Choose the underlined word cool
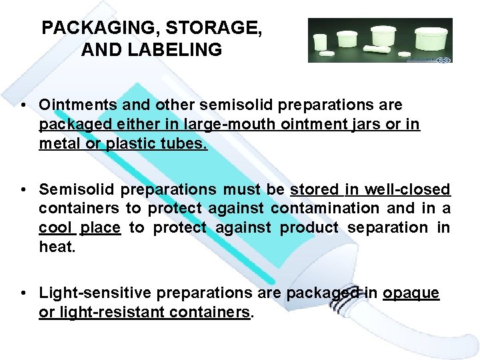coord(55,227)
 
